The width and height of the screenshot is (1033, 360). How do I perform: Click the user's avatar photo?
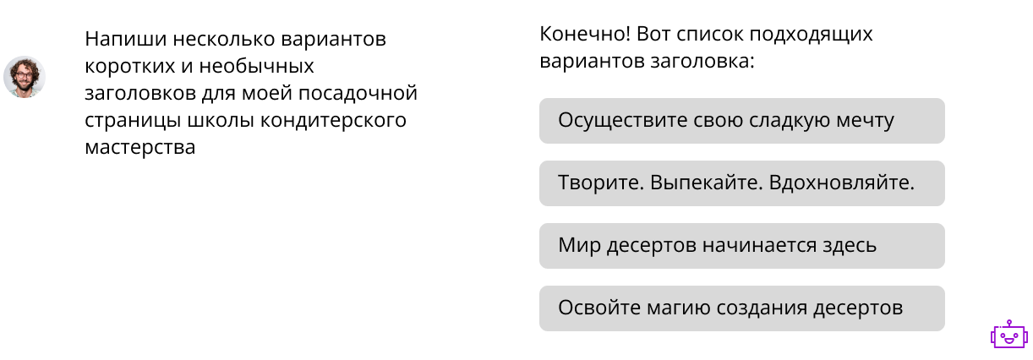tap(25, 77)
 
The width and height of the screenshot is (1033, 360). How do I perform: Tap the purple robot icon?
tap(1007, 335)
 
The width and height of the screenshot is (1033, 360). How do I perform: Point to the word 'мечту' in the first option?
tap(865, 121)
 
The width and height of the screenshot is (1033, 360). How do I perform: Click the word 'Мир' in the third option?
tap(577, 246)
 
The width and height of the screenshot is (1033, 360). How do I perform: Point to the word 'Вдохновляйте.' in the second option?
tap(842, 183)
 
